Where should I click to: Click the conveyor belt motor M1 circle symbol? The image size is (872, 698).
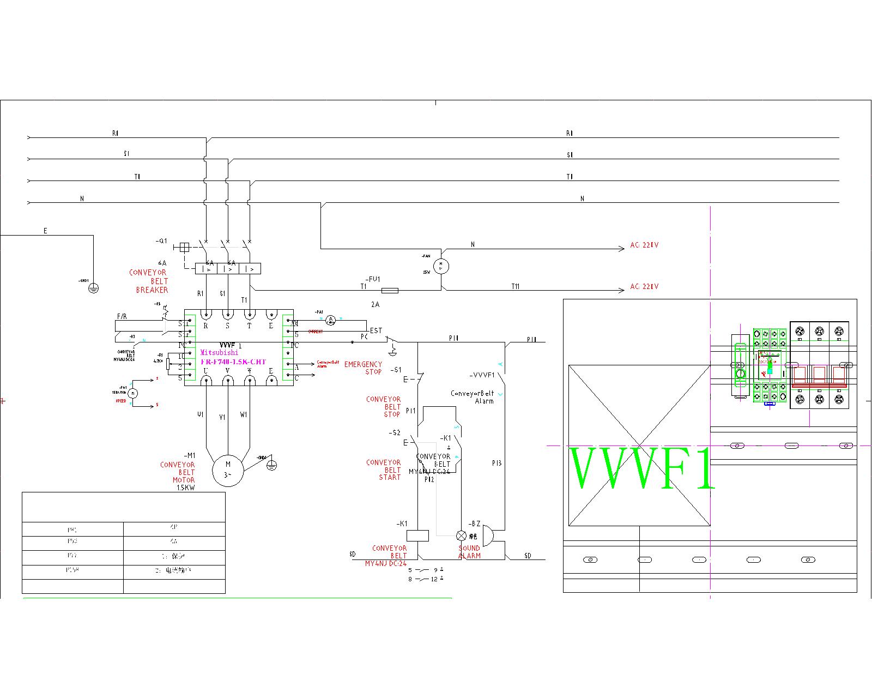[x=228, y=470]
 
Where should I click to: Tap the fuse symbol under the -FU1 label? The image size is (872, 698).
[x=389, y=291]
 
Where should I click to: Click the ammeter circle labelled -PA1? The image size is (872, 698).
[x=330, y=321]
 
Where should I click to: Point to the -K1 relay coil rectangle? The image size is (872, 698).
[x=417, y=535]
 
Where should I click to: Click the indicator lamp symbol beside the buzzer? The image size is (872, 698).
[x=461, y=535]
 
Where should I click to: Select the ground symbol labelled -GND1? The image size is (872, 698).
[x=93, y=288]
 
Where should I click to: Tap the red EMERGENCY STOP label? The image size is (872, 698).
[x=363, y=368]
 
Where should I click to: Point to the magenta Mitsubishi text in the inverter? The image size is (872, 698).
[x=219, y=352]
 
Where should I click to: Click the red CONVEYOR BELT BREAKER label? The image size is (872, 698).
[x=149, y=281]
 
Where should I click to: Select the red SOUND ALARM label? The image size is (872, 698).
[x=469, y=552]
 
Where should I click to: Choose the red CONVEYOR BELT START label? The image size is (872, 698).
[x=384, y=470]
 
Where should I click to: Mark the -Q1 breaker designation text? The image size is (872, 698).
[x=162, y=241]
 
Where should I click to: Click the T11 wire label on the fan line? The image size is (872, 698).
[x=515, y=286]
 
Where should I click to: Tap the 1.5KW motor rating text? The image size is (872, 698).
[x=185, y=488]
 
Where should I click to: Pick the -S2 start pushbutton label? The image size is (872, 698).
[x=395, y=433]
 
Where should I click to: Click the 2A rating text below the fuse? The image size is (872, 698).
[x=375, y=304]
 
